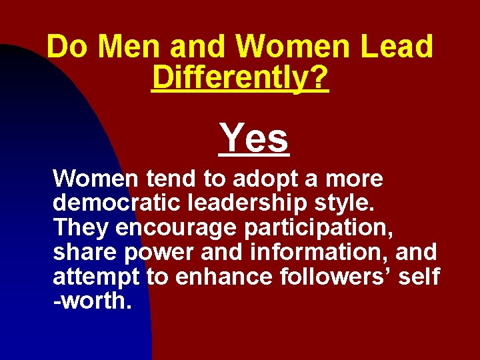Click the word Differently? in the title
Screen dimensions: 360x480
point(240,78)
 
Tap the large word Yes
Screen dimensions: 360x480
point(255,138)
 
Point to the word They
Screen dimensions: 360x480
point(81,228)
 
